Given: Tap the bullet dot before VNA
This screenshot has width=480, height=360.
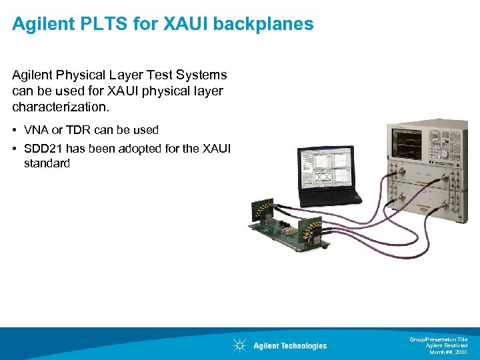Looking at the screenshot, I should pyautogui.click(x=15, y=130).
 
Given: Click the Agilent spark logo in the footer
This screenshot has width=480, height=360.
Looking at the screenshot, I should pyautogui.click(x=239, y=345).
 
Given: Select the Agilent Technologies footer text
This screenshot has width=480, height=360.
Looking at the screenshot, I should pyautogui.click(x=290, y=345).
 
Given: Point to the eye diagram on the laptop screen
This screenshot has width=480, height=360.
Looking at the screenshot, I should pyautogui.click(x=323, y=179).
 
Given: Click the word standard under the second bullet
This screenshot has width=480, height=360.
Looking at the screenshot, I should pyautogui.click(x=47, y=163).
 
